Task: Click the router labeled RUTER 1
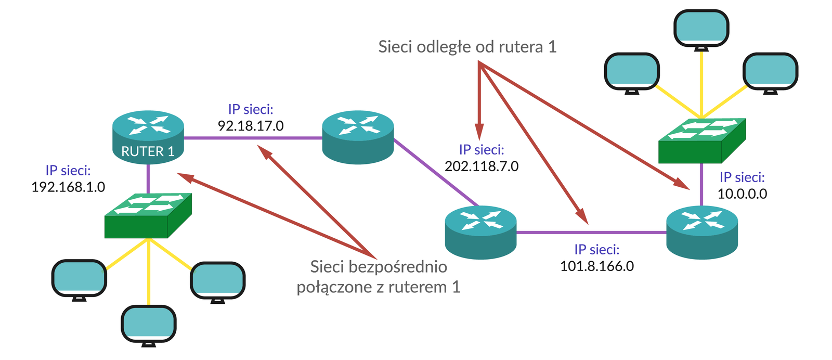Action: click(148, 136)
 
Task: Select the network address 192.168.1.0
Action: click(68, 187)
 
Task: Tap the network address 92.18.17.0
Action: click(251, 125)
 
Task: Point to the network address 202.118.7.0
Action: click(482, 166)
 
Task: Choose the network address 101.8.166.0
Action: click(596, 266)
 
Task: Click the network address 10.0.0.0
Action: click(742, 194)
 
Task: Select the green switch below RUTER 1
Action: click(148, 215)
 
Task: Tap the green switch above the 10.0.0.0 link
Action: click(701, 140)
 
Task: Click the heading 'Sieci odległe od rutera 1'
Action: click(467, 47)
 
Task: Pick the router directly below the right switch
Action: click(701, 232)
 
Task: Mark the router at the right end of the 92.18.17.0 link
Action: click(358, 136)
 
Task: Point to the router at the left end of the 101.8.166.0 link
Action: click(480, 232)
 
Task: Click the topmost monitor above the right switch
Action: click(701, 29)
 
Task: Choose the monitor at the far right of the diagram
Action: click(770, 72)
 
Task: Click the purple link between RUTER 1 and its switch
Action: click(148, 178)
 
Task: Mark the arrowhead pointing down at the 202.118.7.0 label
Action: click(479, 133)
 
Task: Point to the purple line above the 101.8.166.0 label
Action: click(592, 233)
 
